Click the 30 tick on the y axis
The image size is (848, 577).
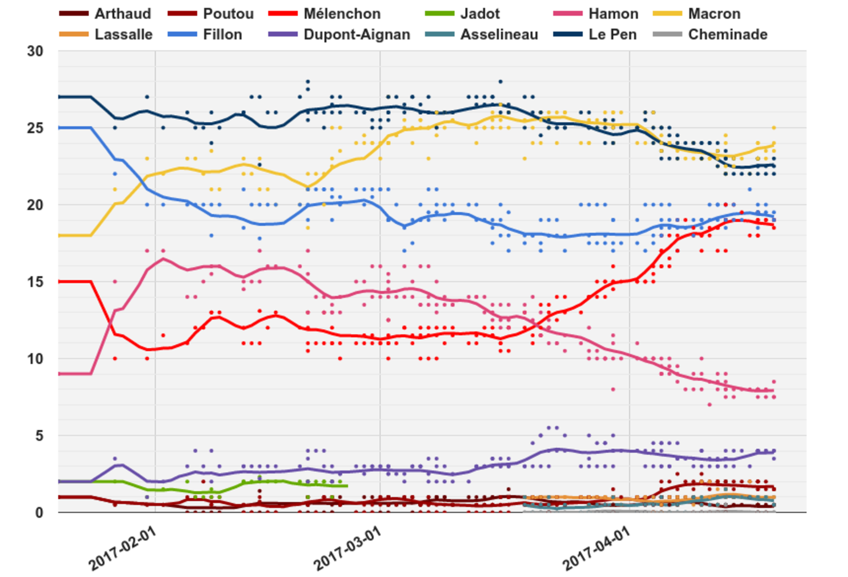35,51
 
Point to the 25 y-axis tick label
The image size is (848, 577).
35,128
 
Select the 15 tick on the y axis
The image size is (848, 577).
35,282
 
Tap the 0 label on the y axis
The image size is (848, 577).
39,513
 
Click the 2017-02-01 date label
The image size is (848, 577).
122,548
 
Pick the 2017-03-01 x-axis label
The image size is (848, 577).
347,548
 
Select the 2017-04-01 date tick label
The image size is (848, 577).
596,548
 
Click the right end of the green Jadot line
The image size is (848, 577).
347,486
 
